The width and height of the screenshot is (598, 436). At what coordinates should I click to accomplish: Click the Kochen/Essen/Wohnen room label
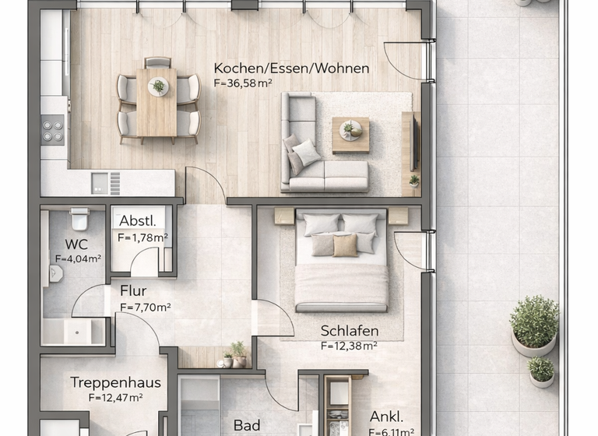[x=291, y=69]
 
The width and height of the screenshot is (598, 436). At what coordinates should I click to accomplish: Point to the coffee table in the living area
[x=350, y=133]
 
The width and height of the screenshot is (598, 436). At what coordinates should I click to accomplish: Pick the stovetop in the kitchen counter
[x=53, y=129]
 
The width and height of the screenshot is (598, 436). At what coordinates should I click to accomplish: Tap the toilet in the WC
[x=79, y=221]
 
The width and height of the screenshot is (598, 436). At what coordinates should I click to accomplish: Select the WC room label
[x=76, y=244]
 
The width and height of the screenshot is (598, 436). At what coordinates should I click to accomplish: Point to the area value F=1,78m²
[x=142, y=237]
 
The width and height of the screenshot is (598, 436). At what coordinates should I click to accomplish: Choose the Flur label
[x=133, y=292]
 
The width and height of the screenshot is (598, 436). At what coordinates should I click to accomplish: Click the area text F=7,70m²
[x=145, y=307]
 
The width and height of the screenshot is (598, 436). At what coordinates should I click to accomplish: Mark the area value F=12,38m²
[x=349, y=346]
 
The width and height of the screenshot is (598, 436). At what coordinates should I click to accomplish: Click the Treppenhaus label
[x=115, y=383]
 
